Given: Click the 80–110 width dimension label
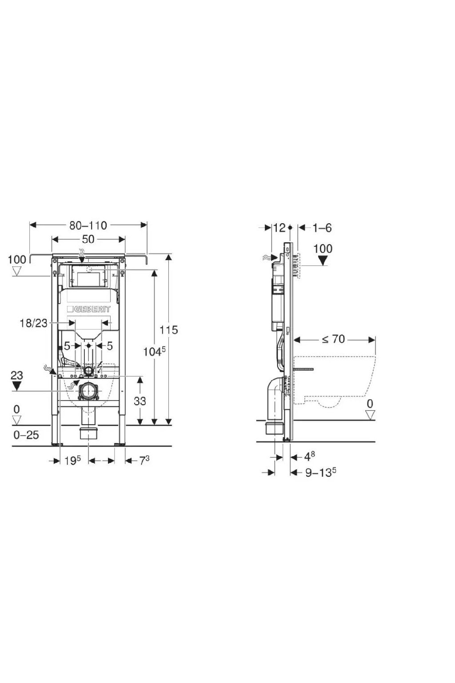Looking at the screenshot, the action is coord(88,225).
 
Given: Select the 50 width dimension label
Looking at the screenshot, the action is coord(88,239).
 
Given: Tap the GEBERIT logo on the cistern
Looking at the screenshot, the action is coord(88,309).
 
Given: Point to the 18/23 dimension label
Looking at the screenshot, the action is coord(34,323).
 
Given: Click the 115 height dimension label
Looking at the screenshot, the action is coord(169,330).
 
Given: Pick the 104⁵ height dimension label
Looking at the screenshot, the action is coord(154,352).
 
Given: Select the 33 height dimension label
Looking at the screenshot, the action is coord(140,401).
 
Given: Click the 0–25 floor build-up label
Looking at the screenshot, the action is coord(26,435).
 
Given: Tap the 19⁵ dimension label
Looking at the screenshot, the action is coord(72,461).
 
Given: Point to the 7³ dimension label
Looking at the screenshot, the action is coord(144,461).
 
